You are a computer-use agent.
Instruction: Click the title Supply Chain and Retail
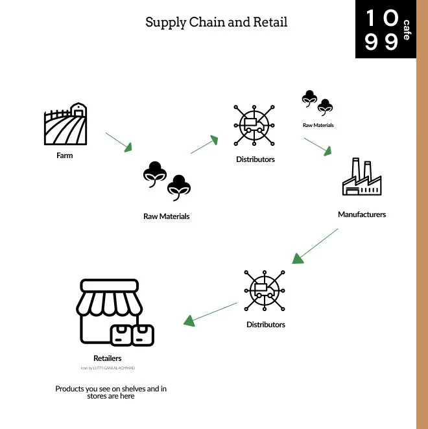point(216,22)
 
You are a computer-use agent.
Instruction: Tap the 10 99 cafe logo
point(385,29)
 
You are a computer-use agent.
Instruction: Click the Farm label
point(64,156)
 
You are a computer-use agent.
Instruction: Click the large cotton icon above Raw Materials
point(167,181)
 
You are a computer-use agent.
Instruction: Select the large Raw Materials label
point(167,216)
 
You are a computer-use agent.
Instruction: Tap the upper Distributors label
point(256,159)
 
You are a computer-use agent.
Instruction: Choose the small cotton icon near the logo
point(317,103)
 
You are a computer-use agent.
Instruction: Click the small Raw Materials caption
point(318,125)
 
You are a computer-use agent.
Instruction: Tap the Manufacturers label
point(362,214)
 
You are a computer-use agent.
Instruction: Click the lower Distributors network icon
point(265,290)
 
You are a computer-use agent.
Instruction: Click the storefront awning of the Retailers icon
point(109,299)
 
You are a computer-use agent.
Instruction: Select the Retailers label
point(108,358)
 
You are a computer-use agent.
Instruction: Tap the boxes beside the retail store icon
point(132,334)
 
